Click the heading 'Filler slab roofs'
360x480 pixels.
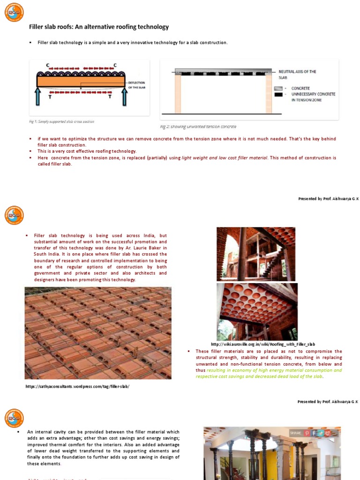[x=99, y=27]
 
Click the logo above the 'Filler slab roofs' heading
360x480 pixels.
[x=14, y=12]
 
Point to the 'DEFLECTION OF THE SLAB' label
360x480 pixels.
[x=137, y=85]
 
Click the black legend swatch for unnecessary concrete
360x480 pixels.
[x=278, y=94]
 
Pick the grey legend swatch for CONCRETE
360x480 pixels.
[x=278, y=88]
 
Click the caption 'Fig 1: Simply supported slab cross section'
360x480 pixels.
[x=61, y=121]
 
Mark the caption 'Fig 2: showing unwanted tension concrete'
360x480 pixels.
[x=198, y=127]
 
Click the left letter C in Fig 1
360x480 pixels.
[x=47, y=65]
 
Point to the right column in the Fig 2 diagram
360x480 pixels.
[x=269, y=94]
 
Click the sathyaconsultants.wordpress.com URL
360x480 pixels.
[x=77, y=386]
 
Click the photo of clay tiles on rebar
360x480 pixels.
[x=98, y=333]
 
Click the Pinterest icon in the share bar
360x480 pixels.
[x=307, y=433]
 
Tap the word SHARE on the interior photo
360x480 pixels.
[x=296, y=433]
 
